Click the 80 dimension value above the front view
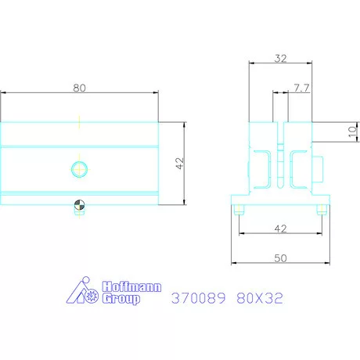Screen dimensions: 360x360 (79, 88)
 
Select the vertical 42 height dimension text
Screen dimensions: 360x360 (179, 164)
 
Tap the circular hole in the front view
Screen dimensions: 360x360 (79, 167)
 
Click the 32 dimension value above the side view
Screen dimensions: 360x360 (282, 57)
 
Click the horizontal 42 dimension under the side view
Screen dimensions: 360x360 (281, 229)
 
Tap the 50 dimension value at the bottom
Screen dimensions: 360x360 (281, 257)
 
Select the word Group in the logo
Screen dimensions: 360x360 (121, 299)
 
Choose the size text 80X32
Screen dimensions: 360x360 (259, 298)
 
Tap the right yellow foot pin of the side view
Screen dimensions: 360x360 (321, 209)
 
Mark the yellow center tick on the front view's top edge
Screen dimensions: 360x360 (79, 120)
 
